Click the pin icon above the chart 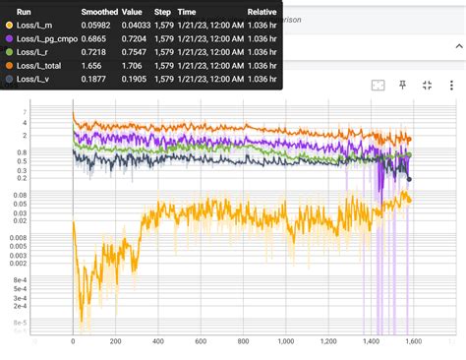(402, 86)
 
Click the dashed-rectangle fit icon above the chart (378, 86)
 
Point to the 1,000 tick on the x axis (285, 341)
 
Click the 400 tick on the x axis (158, 341)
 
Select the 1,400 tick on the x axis (370, 341)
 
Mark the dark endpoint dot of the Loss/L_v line (409, 178)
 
